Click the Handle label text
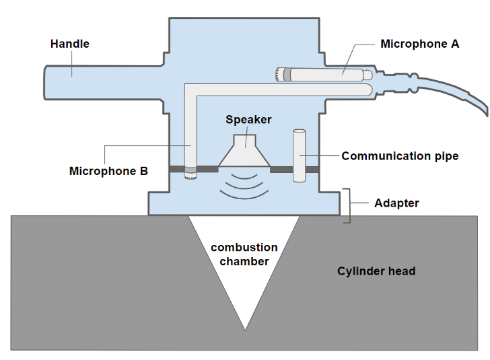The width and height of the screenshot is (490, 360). [x=70, y=44]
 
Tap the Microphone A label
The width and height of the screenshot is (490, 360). [x=419, y=44]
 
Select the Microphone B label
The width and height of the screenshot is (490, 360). [x=108, y=171]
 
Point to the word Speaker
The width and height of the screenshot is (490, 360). [x=248, y=120]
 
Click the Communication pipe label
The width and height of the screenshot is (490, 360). [x=400, y=156]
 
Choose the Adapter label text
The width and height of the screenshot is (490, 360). [x=396, y=203]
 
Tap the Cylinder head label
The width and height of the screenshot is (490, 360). [x=376, y=271]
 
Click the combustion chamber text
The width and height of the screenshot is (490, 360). [x=244, y=254]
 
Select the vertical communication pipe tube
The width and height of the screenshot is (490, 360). [x=299, y=155]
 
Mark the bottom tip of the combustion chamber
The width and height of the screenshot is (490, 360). [x=245, y=329]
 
